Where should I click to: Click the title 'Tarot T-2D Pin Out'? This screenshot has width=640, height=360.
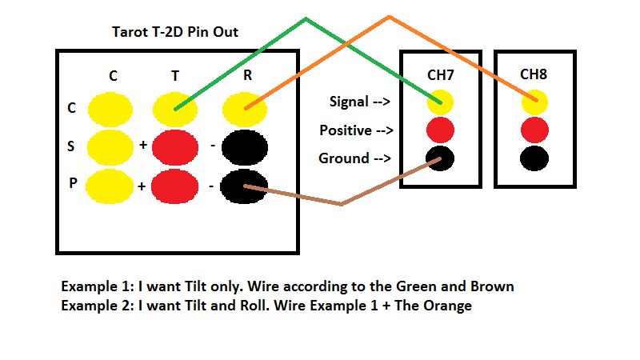(x=175, y=33)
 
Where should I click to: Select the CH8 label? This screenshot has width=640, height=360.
(x=533, y=74)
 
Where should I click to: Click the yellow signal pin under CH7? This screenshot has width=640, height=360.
(x=440, y=102)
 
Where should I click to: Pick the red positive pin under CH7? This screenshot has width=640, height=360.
(x=440, y=130)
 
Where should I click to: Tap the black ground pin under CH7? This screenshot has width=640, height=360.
(x=440, y=158)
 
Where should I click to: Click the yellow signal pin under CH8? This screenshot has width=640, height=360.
(x=534, y=102)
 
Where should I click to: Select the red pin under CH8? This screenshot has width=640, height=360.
(x=534, y=130)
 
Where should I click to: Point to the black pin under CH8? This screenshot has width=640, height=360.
(x=534, y=158)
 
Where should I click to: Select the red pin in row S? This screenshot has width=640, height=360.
(x=176, y=147)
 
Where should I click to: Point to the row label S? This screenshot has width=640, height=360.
(x=73, y=146)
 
